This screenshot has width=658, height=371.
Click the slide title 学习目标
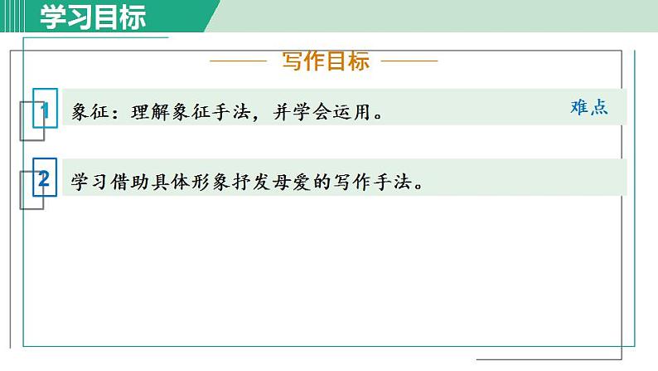pos(94,17)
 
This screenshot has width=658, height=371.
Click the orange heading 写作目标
pos(326,61)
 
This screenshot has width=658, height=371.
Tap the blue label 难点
pos(589,108)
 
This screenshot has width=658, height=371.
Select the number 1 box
pos(45,110)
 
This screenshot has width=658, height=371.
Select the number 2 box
pos(45,178)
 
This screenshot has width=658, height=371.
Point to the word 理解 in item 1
pos(150,112)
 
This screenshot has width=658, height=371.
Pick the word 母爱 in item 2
pos(300,181)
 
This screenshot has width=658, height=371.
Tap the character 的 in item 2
pos(329,181)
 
